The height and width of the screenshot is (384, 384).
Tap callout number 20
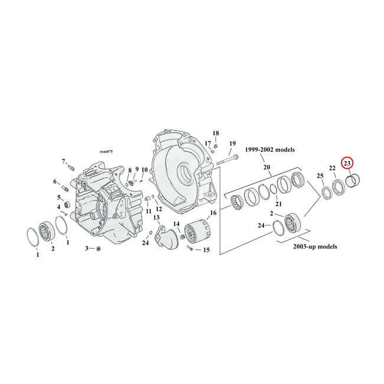266,168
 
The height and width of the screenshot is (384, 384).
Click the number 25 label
320,176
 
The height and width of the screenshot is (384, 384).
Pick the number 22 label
333,168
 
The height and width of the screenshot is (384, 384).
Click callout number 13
157,217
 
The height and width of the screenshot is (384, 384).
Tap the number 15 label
206,250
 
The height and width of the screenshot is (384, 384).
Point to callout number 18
216,133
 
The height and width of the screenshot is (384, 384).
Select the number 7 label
63,161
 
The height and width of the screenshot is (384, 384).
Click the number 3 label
86,248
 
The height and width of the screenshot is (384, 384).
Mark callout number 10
144,170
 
